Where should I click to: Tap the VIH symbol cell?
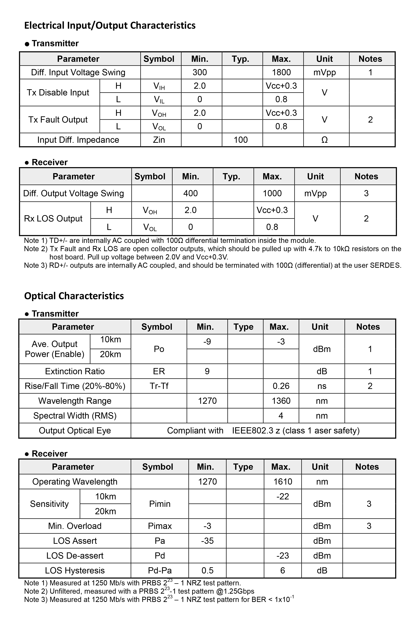click(x=159, y=86)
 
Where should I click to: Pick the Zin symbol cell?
click(x=159, y=140)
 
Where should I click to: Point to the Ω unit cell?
click(x=324, y=140)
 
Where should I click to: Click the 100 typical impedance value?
click(x=241, y=140)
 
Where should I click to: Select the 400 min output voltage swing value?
click(x=191, y=193)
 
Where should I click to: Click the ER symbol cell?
click(x=159, y=371)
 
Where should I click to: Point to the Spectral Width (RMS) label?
click(x=75, y=416)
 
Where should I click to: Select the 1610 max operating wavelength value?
click(x=283, y=482)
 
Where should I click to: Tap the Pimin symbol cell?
click(x=160, y=504)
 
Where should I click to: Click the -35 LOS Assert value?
click(x=207, y=541)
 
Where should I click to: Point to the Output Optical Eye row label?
click(x=75, y=431)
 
